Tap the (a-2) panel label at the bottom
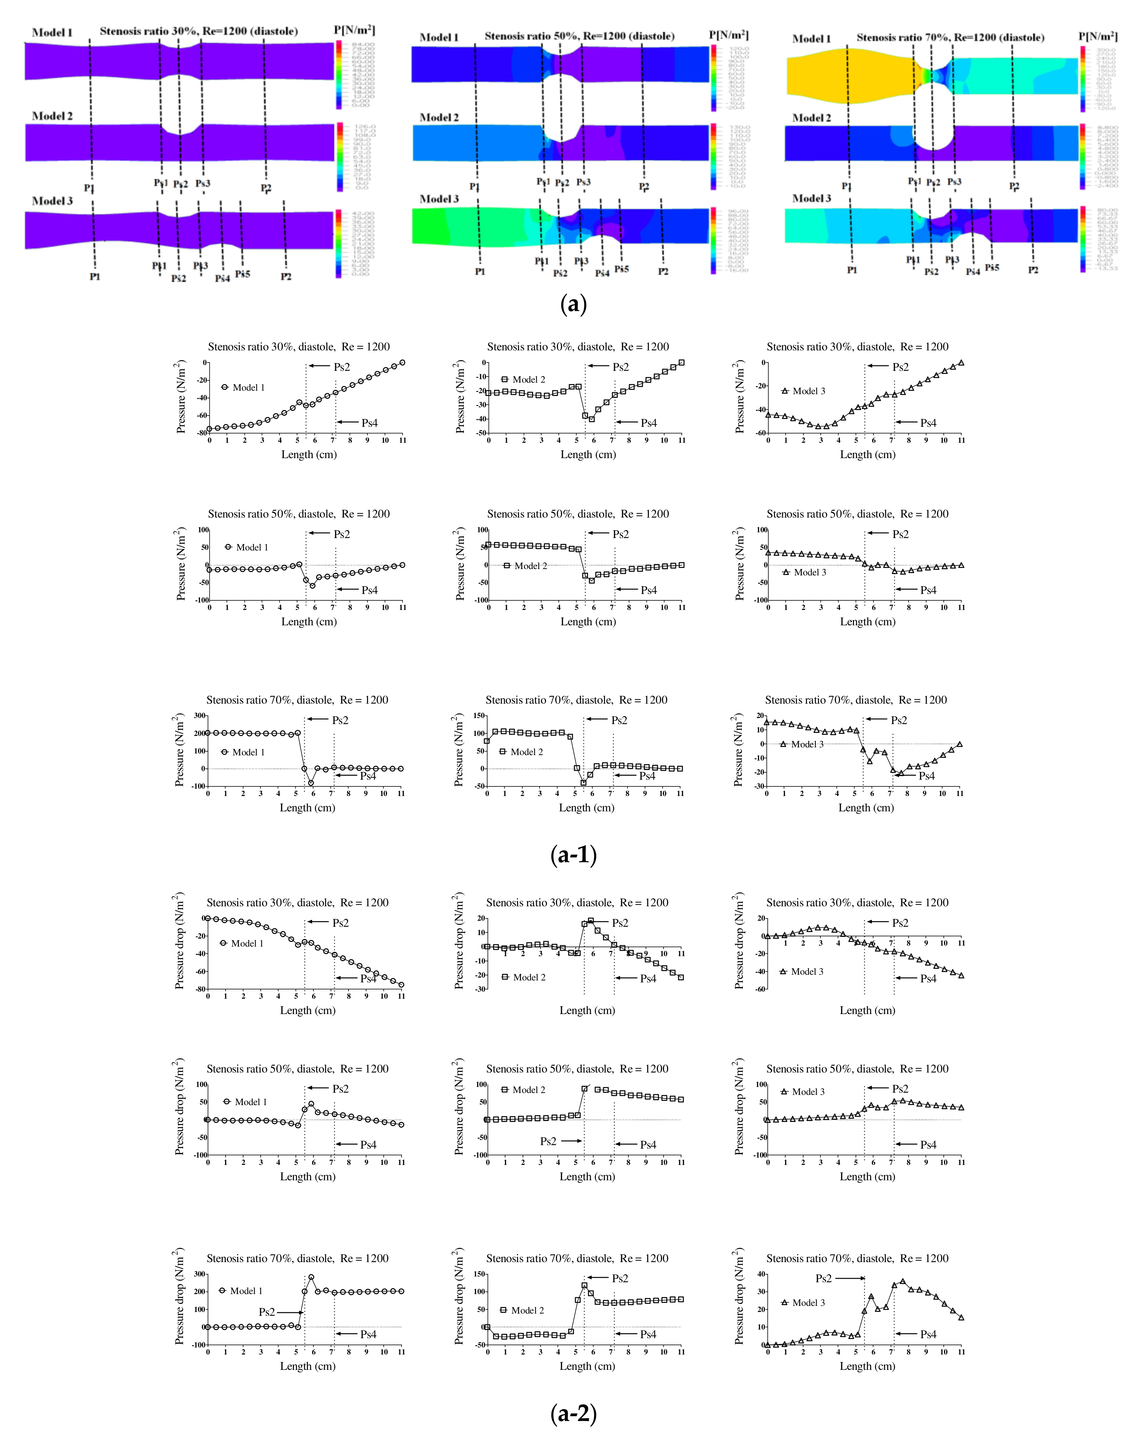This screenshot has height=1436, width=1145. click(x=573, y=1412)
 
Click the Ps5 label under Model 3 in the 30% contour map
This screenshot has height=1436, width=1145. click(x=242, y=274)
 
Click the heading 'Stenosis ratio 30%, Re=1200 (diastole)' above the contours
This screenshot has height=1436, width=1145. click(x=198, y=31)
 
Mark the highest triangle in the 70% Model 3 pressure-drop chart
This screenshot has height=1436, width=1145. click(x=903, y=1281)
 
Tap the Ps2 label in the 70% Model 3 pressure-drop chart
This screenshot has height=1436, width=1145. click(x=824, y=1278)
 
